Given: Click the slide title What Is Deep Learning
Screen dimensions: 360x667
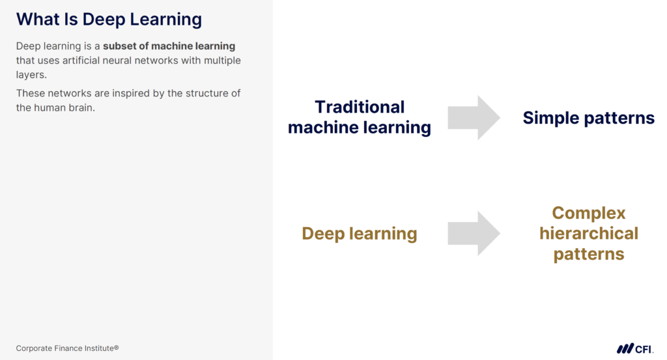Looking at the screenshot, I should click(x=109, y=20).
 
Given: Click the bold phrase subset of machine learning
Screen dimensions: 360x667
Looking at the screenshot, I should click(x=169, y=46).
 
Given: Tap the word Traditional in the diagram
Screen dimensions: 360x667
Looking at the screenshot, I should click(x=360, y=107).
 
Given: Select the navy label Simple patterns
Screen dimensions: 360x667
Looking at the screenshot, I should click(x=588, y=118).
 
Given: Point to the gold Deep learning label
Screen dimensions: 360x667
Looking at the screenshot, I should click(x=360, y=234).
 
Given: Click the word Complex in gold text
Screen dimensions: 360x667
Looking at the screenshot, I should click(x=589, y=214).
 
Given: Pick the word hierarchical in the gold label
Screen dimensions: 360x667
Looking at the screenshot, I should click(x=589, y=233).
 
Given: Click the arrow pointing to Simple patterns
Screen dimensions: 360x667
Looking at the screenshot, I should click(x=474, y=118).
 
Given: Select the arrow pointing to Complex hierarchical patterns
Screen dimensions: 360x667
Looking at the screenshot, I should click(x=474, y=233).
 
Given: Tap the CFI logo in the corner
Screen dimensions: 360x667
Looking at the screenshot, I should click(x=634, y=348).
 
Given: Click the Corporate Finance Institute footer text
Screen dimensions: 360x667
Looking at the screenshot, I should click(x=67, y=348).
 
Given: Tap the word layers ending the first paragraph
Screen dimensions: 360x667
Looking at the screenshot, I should click(x=31, y=75).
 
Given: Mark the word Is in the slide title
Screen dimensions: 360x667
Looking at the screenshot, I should click(x=70, y=20).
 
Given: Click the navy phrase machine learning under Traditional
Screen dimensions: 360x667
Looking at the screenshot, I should click(x=360, y=128).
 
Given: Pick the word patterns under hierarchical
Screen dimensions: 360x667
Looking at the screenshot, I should click(x=589, y=254).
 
